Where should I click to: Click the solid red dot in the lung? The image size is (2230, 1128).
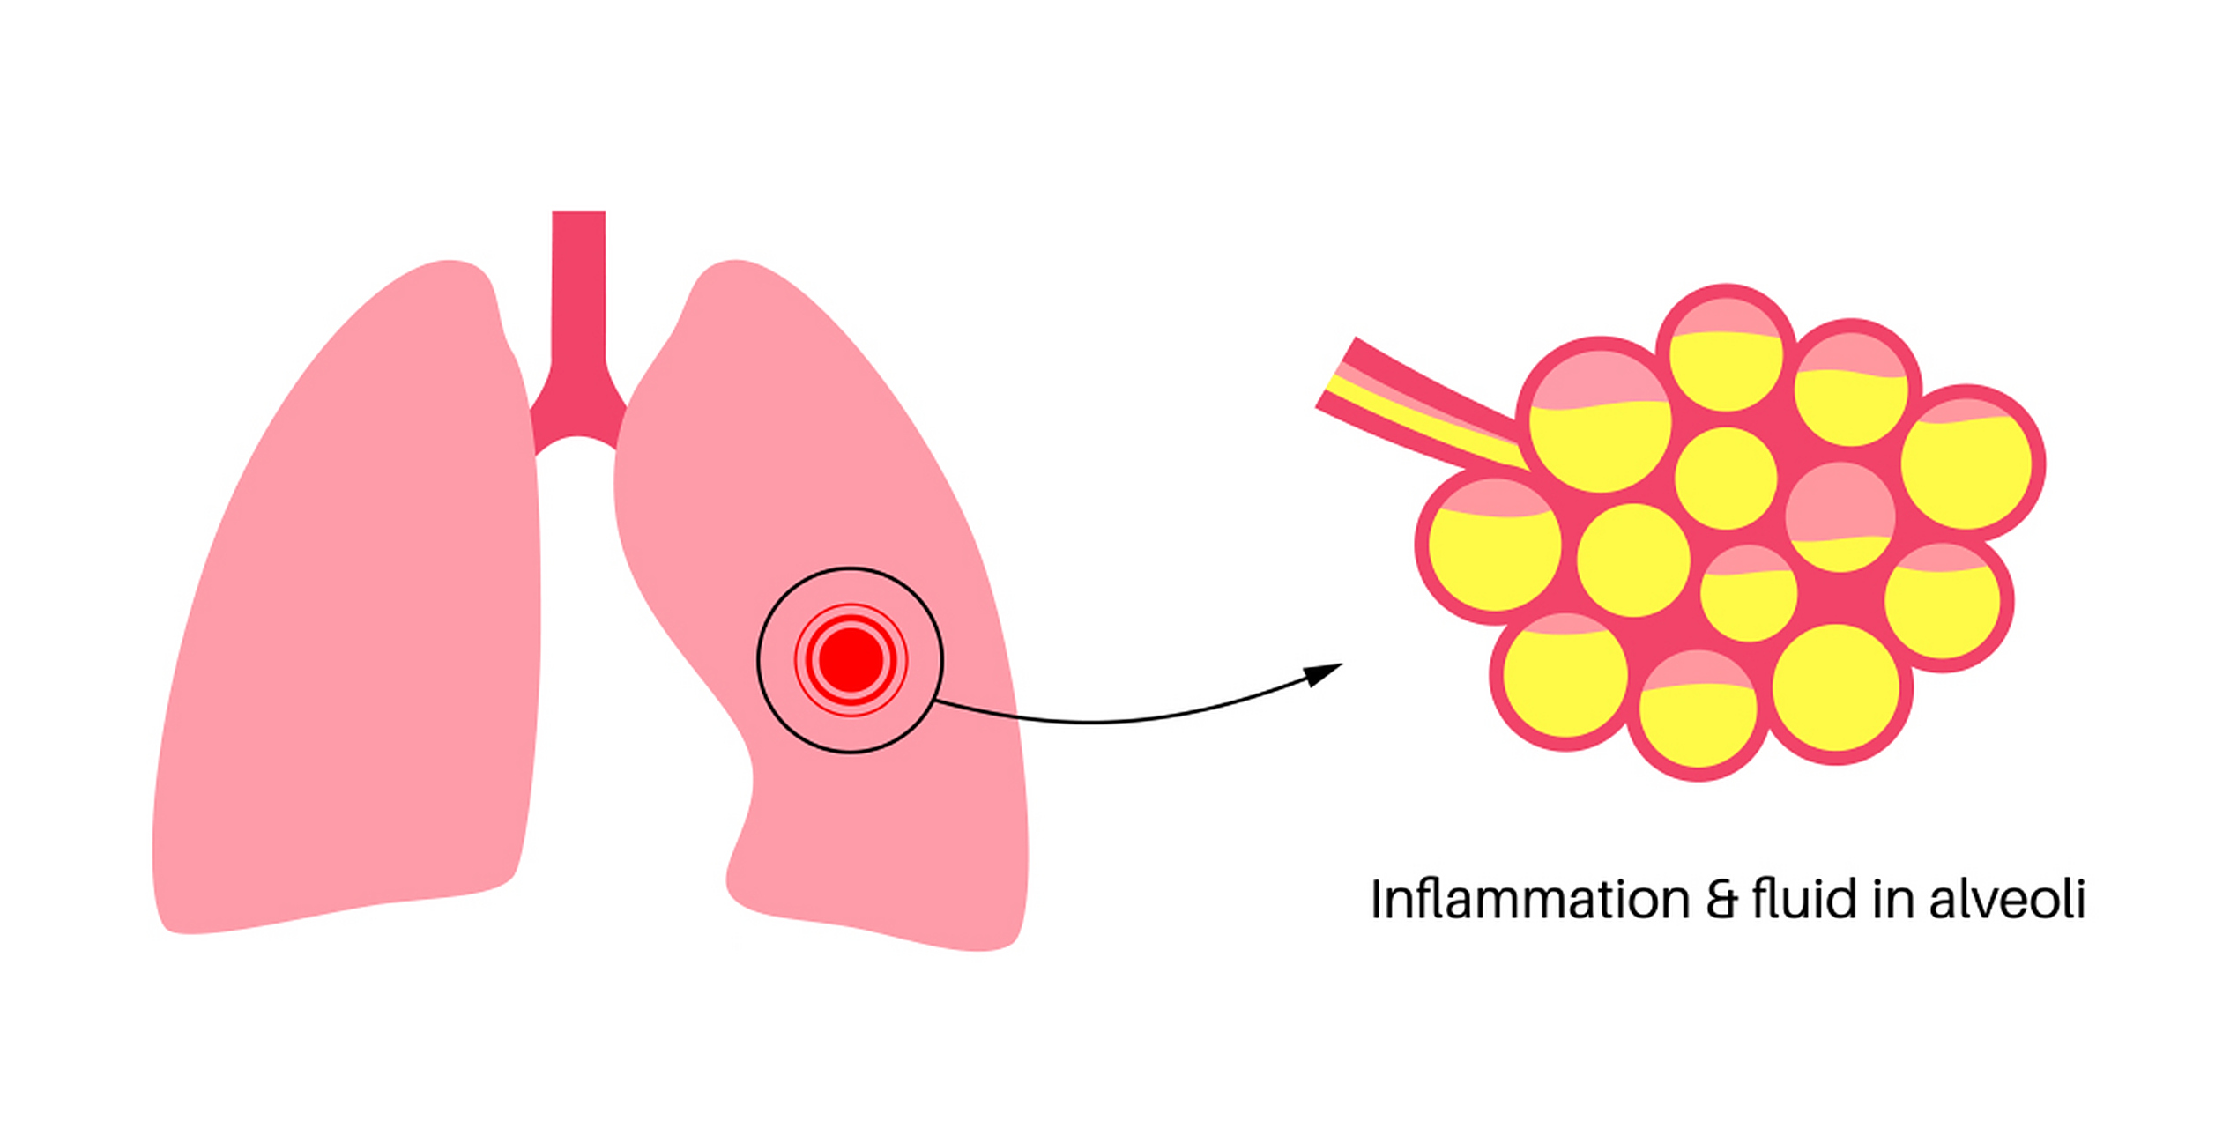(x=851, y=659)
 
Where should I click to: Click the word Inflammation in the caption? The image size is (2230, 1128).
(x=1529, y=900)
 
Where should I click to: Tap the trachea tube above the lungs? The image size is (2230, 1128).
(x=578, y=282)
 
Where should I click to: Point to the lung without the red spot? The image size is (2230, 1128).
(x=353, y=617)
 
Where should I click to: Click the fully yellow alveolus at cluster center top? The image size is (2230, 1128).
(x=1725, y=478)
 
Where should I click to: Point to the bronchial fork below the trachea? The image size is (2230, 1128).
(x=577, y=414)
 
